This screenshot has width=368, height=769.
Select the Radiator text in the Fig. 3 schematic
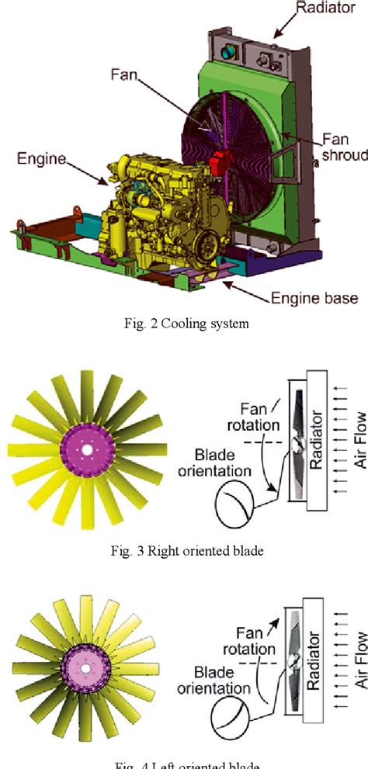[x=315, y=444]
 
